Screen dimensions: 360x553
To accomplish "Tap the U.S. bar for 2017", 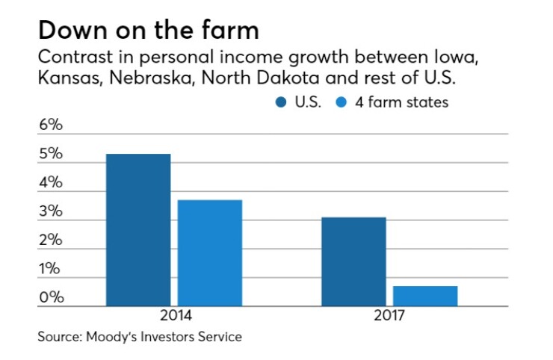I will (353, 261).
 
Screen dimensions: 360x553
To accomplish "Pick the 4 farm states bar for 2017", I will (425, 296).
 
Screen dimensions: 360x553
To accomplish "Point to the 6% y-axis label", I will (51, 125).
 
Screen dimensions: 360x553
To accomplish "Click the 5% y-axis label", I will (51, 155).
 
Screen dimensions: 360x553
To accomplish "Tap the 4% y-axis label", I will (51, 183).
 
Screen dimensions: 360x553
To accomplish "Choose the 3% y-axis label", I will (51, 212).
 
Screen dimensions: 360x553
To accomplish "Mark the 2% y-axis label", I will (51, 240).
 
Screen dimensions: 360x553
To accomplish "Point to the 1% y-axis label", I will (51, 269).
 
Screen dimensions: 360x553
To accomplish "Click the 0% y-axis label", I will (51, 298).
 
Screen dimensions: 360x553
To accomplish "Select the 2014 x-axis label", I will (174, 316).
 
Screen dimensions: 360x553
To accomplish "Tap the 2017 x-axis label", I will (389, 316).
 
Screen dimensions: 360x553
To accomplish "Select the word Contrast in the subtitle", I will (71, 58).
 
